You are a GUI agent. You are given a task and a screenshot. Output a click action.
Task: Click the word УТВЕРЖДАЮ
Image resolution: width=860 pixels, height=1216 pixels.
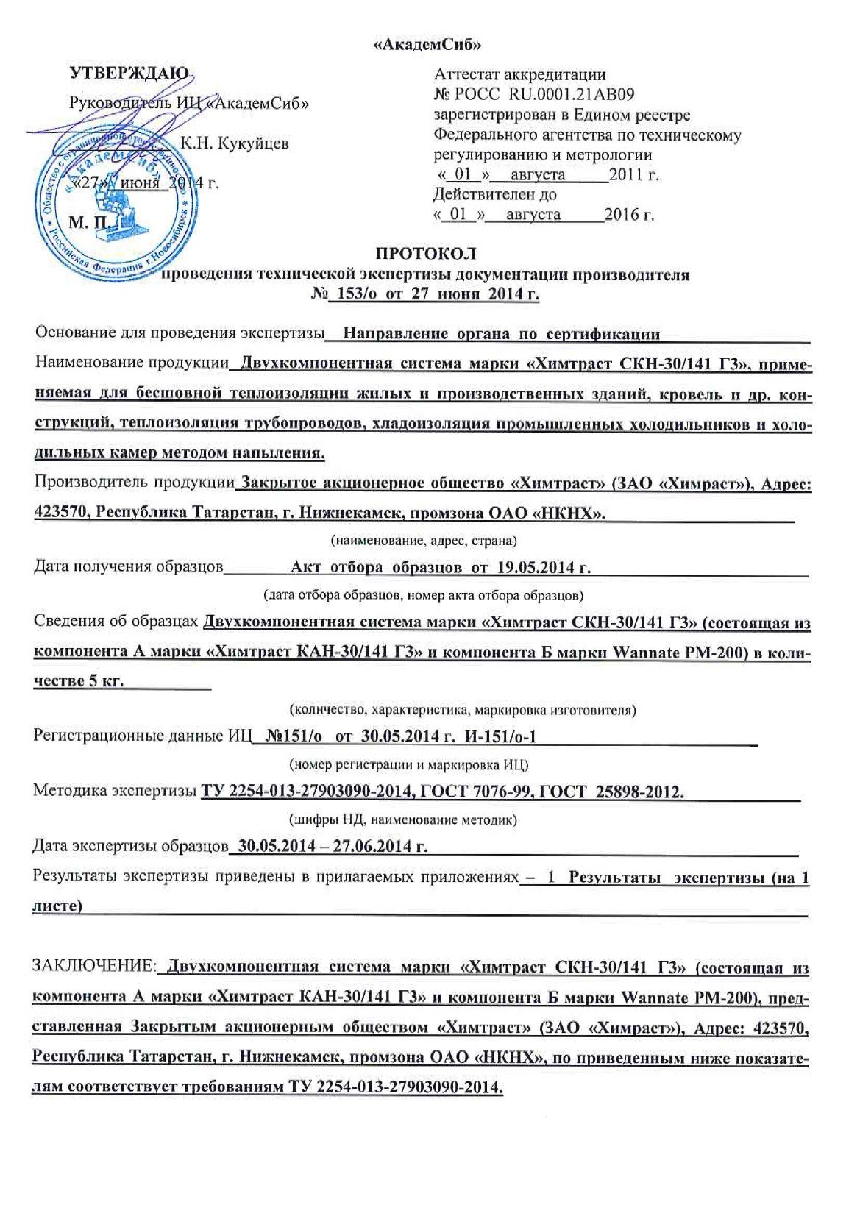pos(129,73)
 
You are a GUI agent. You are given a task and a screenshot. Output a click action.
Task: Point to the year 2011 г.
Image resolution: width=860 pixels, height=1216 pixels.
pos(639,175)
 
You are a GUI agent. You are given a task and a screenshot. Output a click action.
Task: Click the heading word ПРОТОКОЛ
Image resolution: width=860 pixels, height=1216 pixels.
pos(426,254)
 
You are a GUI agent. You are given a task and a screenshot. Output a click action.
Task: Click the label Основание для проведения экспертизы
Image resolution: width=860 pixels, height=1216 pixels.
pos(180,333)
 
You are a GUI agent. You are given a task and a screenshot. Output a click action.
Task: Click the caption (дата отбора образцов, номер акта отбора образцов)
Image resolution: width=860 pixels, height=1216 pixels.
pos(424,594)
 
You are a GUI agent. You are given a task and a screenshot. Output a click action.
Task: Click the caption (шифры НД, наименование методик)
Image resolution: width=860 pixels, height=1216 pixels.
pos(401,819)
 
